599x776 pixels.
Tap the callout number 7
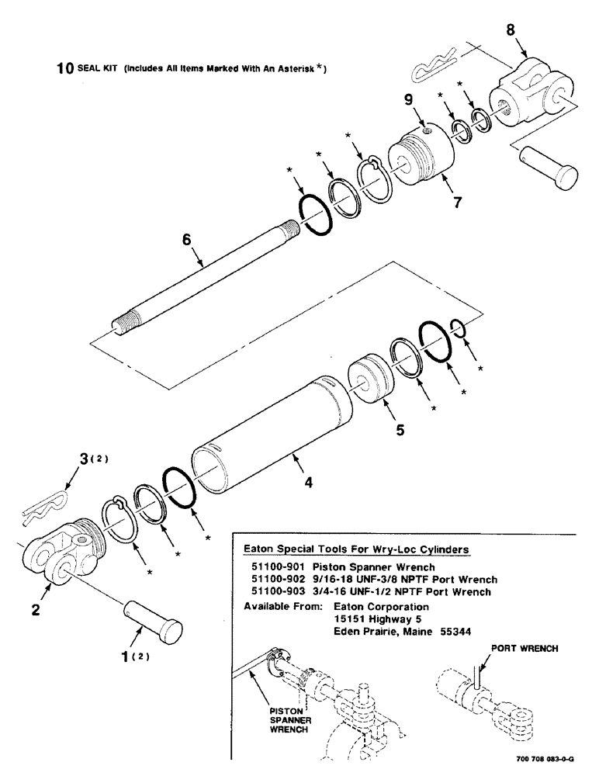point(458,203)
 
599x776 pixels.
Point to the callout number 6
point(186,242)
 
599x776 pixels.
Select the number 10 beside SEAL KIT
point(64,68)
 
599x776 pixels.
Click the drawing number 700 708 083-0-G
point(549,760)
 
